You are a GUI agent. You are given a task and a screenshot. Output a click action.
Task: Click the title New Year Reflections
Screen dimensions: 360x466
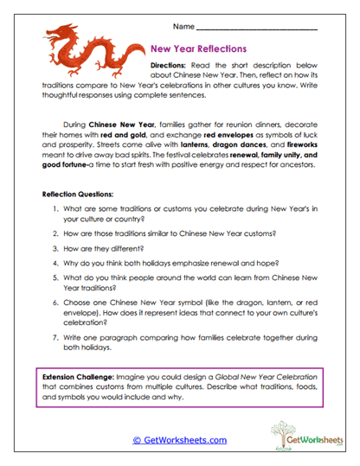point(198,49)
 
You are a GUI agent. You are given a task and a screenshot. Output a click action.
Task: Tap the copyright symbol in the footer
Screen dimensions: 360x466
point(138,440)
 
